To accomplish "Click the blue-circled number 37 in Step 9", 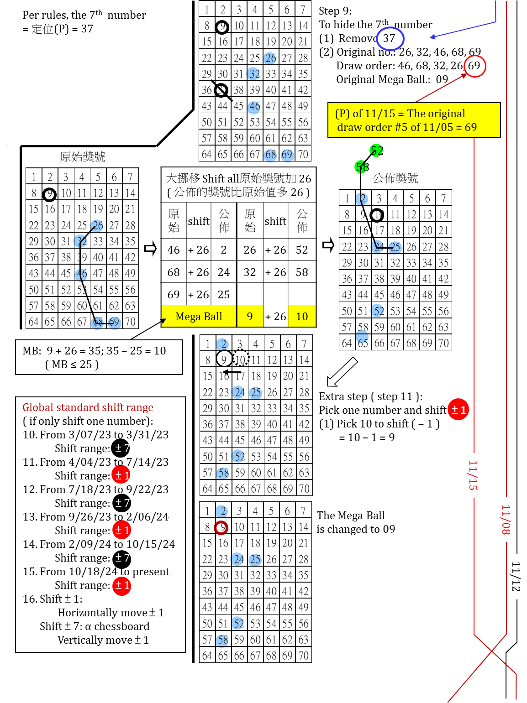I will coord(390,38).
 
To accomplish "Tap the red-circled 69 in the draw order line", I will coord(474,66).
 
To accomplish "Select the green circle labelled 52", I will coord(376,150).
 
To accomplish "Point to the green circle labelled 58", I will coord(362,167).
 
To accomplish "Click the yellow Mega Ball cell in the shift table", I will coord(199,317).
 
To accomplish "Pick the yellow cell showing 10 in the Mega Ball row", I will coord(302,317).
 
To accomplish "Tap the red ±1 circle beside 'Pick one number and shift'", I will coord(458,410).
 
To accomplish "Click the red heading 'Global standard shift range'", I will coord(88,407).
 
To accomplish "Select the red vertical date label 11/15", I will coord(473,475).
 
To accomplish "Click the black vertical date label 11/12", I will coord(516,577).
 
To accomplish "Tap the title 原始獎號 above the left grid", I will coord(83,157).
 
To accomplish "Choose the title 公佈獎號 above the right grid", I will coord(395,178).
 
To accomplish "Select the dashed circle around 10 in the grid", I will coord(240,359).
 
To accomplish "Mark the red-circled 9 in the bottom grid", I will coord(221,527).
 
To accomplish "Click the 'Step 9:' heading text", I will coord(335,11).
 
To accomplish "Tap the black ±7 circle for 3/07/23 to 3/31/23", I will coord(121,448).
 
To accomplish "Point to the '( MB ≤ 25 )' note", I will coord(72,365).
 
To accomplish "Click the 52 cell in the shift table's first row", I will coord(302,250).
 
